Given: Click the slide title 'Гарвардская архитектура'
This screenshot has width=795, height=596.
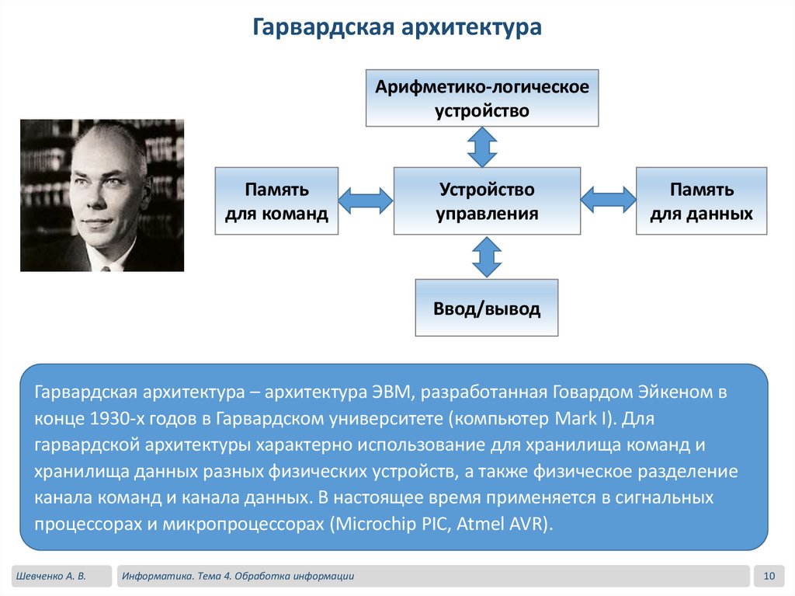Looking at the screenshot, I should tap(397, 28).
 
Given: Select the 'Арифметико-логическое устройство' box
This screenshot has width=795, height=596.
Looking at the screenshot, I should tap(482, 98).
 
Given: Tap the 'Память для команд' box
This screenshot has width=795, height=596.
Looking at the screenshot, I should tap(276, 200).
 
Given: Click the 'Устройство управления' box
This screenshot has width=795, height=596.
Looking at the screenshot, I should tap(487, 200).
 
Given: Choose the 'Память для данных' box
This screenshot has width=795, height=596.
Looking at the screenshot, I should tap(701, 200).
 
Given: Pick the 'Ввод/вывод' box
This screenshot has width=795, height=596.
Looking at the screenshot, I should tap(486, 308).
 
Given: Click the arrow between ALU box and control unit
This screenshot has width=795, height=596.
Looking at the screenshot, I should tap(482, 146).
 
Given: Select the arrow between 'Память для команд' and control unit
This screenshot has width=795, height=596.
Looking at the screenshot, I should tap(366, 200).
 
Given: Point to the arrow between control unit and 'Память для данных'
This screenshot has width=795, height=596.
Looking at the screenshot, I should tap(608, 200).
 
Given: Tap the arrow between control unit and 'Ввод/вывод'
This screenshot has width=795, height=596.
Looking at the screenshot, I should tap(487, 256).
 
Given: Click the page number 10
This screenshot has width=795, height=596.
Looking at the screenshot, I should tap(769, 576).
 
